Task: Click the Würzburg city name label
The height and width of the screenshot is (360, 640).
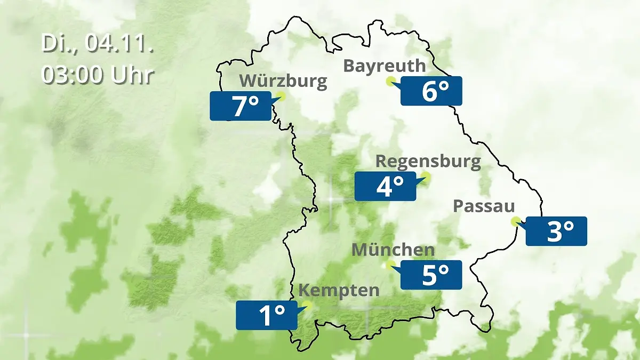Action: pos(283,81)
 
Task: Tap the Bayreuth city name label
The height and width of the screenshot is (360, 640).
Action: pos(385,66)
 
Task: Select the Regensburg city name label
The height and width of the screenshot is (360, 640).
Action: pos(428,161)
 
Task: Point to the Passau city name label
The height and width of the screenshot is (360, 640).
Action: pos(484,206)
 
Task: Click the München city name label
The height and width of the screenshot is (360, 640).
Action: pos(393,250)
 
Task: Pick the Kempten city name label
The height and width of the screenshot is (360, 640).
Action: pos(339,291)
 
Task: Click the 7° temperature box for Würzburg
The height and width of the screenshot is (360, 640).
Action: pos(241,106)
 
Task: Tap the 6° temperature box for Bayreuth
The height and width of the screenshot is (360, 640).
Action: pos(431,91)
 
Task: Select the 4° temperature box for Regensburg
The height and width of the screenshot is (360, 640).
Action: pos(385,186)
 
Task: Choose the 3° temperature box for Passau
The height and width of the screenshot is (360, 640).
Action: pos(556,231)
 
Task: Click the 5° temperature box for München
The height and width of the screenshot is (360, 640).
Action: pos(431,275)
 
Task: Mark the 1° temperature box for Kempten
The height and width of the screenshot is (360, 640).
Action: pos(266,315)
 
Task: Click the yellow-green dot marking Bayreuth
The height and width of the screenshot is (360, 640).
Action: pos(390,81)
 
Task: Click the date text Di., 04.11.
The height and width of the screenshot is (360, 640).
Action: pos(98,44)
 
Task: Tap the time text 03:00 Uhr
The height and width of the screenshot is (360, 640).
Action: pos(98,75)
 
